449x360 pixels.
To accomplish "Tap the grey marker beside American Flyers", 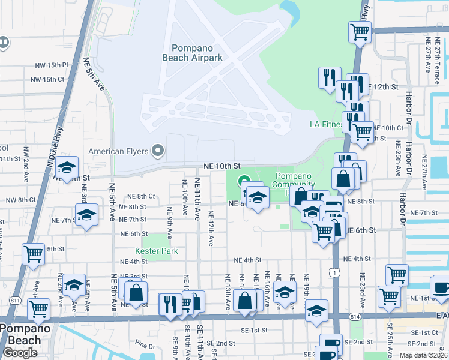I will point(158,150).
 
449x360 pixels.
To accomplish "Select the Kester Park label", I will point(157,251).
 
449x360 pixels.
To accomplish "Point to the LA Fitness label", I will point(325,125).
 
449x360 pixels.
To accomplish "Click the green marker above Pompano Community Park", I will point(244,179).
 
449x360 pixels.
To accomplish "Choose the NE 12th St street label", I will point(386,87).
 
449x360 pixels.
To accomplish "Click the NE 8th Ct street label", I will point(141,196).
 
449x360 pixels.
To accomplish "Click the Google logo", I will point(20,353).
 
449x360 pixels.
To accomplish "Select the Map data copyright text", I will point(423,355).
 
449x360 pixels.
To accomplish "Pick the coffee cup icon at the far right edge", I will point(441,286).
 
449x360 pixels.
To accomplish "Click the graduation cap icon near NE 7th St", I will point(87,214).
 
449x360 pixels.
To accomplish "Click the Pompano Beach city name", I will point(20,334).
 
